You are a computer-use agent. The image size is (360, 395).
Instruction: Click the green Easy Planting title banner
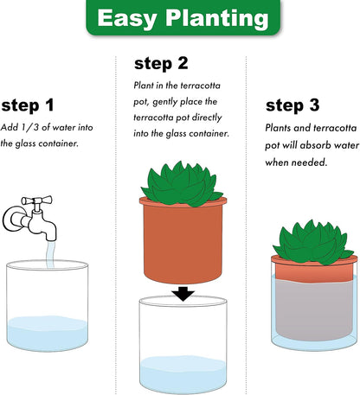[x=180, y=18]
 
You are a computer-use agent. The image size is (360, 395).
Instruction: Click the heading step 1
[x=27, y=105]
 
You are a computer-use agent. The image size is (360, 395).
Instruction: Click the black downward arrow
[x=183, y=294]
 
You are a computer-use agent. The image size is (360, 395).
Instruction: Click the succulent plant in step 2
[x=183, y=182]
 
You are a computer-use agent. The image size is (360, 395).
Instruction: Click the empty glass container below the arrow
[x=183, y=346]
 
